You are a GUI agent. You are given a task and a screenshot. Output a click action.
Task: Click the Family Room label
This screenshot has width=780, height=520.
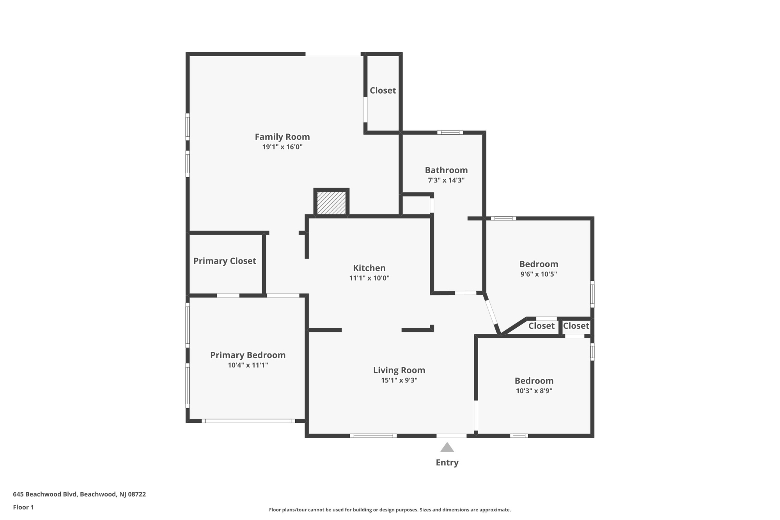(282, 137)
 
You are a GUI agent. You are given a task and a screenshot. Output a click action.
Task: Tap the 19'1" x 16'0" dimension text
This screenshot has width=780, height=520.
(282, 147)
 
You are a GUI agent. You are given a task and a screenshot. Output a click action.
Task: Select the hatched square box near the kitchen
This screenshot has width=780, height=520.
(331, 202)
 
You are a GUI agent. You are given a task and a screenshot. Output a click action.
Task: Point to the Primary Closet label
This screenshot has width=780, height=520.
(225, 261)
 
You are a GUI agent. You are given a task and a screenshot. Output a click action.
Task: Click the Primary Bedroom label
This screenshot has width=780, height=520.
(248, 355)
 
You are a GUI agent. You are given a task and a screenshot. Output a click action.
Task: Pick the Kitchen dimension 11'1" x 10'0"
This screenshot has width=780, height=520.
(369, 278)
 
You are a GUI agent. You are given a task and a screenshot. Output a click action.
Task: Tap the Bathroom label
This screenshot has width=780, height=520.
(446, 170)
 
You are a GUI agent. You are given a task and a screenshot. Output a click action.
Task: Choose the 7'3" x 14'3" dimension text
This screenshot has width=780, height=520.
(446, 180)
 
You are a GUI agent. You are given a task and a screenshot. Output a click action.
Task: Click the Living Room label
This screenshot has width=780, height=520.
(399, 370)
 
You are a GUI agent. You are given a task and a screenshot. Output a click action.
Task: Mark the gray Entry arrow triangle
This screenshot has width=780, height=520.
(447, 447)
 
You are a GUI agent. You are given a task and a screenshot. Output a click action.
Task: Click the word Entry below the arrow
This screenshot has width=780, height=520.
(447, 463)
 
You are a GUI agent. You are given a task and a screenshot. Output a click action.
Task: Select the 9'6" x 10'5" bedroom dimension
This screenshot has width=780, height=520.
(539, 274)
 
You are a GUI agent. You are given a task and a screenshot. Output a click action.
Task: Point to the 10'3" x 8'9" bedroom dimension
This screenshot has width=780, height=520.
(534, 391)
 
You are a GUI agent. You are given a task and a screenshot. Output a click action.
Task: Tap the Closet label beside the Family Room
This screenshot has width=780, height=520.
(383, 91)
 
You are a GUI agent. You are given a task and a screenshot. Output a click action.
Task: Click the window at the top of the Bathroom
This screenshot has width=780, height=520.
(450, 133)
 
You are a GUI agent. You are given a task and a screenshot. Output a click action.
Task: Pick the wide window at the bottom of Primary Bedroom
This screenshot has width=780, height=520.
(248, 421)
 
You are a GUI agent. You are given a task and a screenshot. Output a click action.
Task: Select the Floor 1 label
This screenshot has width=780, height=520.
(23, 507)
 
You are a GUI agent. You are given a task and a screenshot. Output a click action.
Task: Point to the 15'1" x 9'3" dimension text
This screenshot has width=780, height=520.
(399, 380)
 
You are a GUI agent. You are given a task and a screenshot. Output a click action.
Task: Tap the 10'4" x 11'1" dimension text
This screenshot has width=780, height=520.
(248, 365)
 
